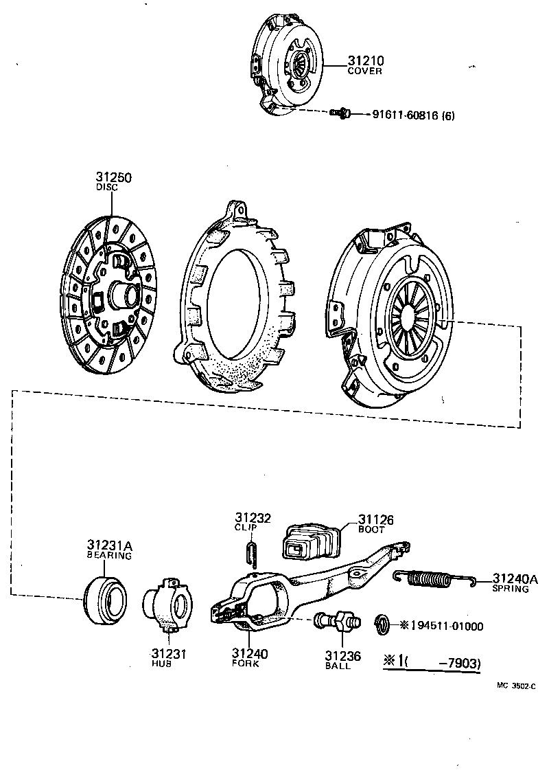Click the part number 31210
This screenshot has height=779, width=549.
pos(365,60)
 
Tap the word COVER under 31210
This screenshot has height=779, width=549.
pos(364,71)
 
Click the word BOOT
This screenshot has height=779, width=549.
pos(372,530)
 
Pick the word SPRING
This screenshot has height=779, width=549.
pos(511,589)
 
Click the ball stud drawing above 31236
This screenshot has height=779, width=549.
pos(336,623)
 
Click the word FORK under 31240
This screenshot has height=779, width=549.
pos(245,664)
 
